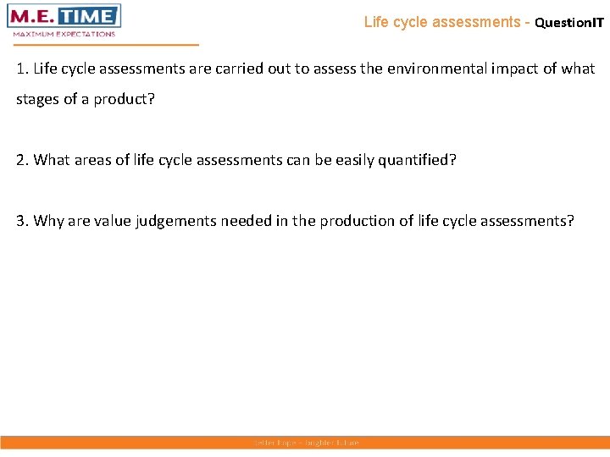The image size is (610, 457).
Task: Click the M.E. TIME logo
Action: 65,16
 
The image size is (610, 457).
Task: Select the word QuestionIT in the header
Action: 569,23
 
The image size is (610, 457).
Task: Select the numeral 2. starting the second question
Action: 22,161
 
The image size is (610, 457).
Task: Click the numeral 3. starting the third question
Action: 22,221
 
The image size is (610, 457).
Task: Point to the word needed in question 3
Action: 246,221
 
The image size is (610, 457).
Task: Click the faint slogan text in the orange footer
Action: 305,443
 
